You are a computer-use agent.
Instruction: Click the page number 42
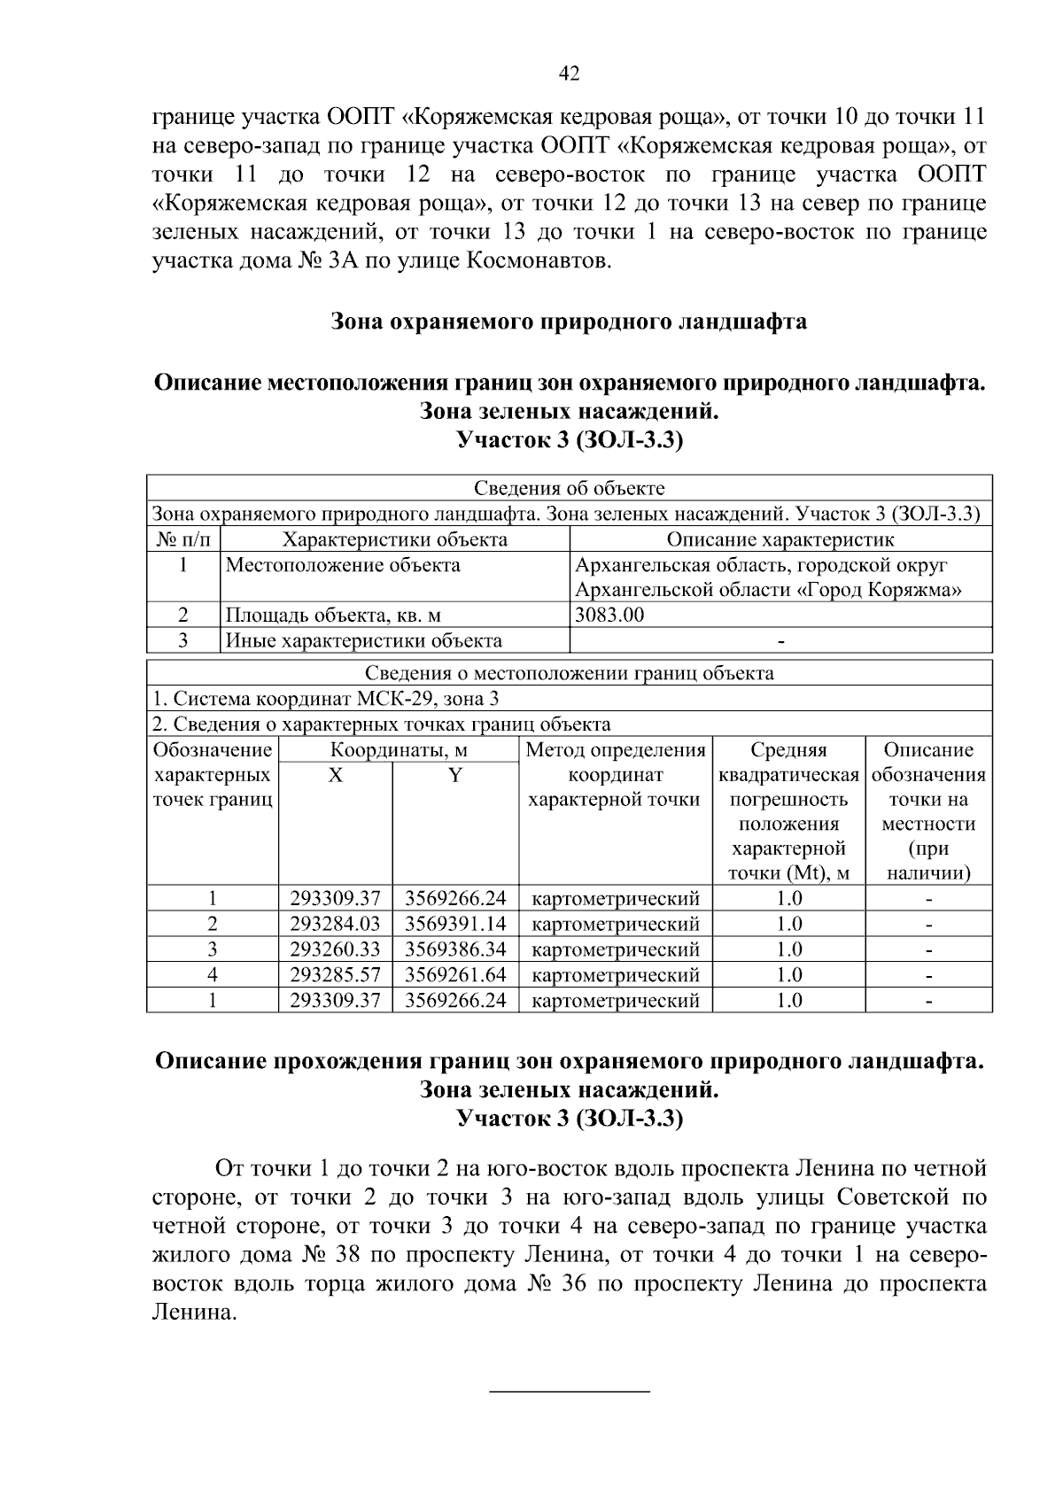[570, 74]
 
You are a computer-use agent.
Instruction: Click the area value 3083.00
[609, 616]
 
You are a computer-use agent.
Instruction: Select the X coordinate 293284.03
[335, 924]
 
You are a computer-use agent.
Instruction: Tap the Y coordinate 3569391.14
[455, 924]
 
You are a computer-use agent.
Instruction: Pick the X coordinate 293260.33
[335, 949]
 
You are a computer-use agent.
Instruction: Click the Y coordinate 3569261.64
[455, 975]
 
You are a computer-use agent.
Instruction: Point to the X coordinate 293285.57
[335, 975]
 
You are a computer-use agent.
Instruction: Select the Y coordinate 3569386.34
[455, 949]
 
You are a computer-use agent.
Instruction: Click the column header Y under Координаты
[454, 775]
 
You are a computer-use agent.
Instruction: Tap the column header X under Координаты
[335, 775]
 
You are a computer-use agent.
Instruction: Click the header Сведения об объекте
[569, 488]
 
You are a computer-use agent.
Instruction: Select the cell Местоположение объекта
[343, 565]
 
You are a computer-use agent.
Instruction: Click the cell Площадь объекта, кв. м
[333, 616]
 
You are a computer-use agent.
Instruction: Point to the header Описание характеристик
[780, 539]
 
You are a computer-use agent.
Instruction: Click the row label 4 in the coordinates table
[213, 975]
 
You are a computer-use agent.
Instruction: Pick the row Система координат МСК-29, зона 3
[326, 699]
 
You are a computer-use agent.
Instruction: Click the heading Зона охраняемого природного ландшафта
[569, 321]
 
